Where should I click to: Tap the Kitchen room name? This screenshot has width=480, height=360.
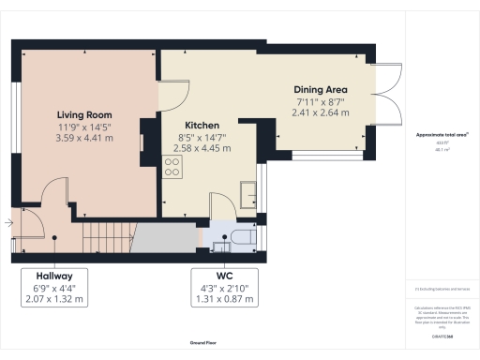point(202,124)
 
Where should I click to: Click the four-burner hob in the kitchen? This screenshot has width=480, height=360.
point(172,166)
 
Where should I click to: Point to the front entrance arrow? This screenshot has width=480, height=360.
point(7,223)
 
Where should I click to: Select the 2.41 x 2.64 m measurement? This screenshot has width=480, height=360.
point(320,112)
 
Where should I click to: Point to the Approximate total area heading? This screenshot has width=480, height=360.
point(442,135)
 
